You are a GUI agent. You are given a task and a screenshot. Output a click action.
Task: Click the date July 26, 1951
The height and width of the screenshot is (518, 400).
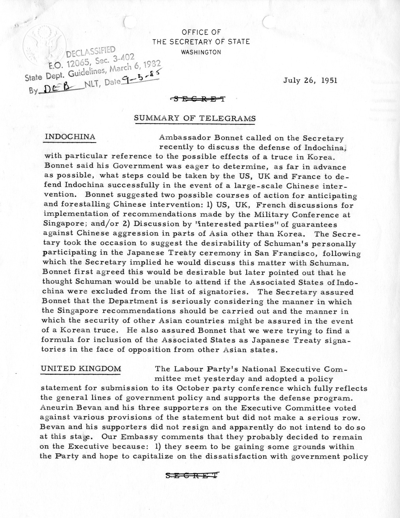click(x=310, y=80)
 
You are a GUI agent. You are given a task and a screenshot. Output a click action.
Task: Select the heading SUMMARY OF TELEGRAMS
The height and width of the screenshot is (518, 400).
click(x=195, y=118)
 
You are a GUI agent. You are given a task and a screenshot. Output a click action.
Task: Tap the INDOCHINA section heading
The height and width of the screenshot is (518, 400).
click(x=70, y=137)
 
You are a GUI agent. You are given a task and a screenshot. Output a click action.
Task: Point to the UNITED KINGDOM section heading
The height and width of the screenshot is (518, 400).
click(x=81, y=369)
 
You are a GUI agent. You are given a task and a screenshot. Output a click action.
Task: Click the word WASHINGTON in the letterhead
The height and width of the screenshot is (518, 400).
click(x=201, y=52)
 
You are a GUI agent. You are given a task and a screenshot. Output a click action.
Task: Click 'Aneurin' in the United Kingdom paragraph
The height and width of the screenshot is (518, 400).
click(x=58, y=408)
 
